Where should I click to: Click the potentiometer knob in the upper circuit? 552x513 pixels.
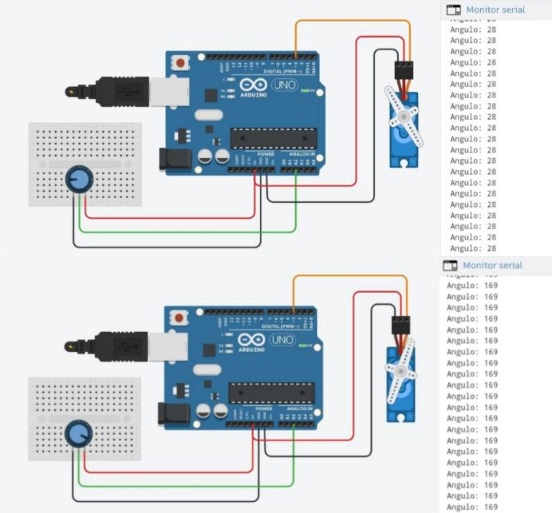click(79, 179)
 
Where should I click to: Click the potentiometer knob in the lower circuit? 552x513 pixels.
click(79, 434)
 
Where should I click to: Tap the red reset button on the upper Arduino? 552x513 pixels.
click(181, 63)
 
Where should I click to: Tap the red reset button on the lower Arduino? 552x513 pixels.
click(179, 318)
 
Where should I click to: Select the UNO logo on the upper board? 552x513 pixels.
click(284, 85)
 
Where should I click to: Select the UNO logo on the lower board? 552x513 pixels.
click(282, 340)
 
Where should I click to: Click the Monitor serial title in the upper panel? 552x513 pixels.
click(495, 10)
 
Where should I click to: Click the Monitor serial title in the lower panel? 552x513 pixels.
click(492, 265)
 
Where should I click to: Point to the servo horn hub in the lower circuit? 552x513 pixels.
click(400, 371)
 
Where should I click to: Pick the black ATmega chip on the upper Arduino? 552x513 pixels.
click(274, 138)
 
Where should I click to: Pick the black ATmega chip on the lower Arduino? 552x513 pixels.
click(272, 393)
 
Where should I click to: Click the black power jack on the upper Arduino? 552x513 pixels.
click(175, 159)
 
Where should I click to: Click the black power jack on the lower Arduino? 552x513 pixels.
click(174, 414)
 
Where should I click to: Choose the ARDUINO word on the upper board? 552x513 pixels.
click(253, 95)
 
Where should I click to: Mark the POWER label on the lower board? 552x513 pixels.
click(264, 409)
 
